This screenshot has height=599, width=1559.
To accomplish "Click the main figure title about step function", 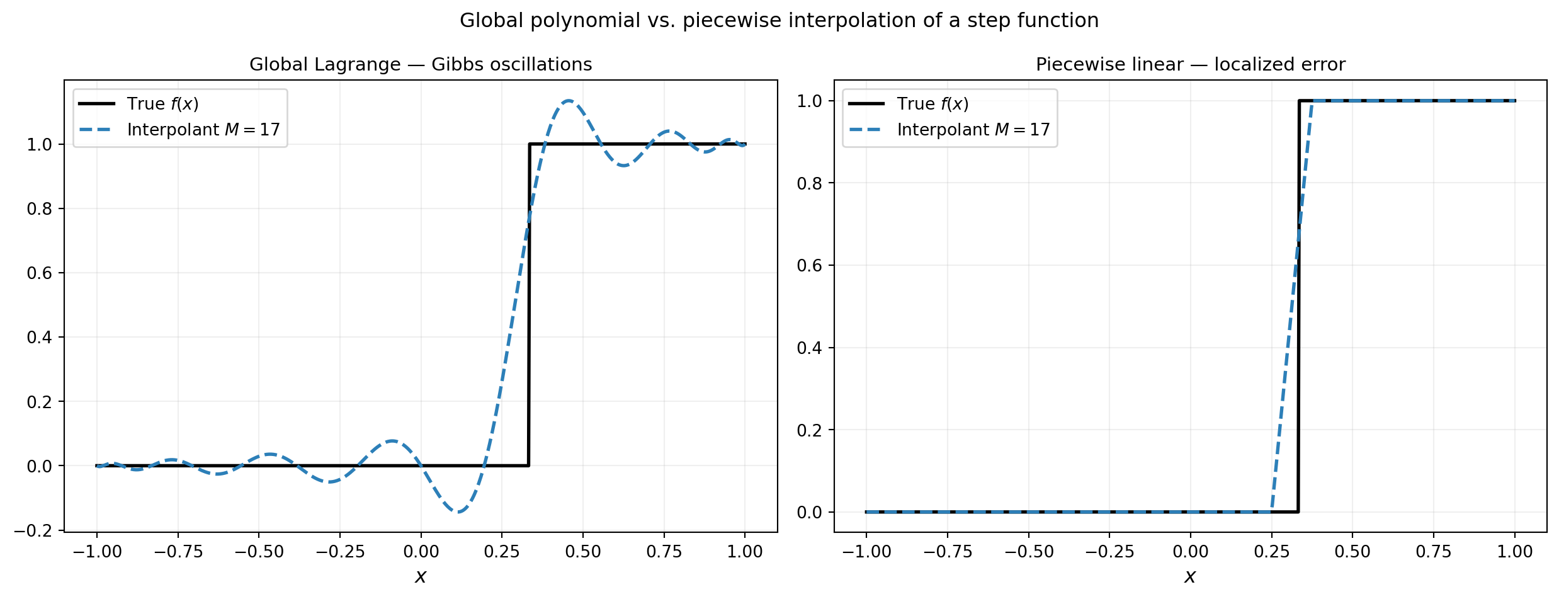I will click(779, 21).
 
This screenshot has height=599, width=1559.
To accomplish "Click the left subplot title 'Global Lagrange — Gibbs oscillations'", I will click(421, 65).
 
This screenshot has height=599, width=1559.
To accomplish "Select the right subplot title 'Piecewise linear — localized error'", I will click(1190, 65).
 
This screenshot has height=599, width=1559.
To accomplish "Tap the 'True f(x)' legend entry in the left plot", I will click(162, 104).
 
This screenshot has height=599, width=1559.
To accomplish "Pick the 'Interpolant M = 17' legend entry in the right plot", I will click(973, 130).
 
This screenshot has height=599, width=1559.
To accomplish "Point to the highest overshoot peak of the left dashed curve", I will click(569, 101).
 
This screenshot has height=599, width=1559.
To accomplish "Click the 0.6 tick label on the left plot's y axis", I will click(39, 273).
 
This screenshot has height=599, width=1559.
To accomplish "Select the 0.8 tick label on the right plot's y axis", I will click(809, 183).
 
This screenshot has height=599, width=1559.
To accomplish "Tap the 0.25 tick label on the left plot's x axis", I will click(502, 552).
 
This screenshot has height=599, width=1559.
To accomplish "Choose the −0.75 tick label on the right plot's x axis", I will click(948, 552).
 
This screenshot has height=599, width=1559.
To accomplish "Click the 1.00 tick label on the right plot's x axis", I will click(1515, 552).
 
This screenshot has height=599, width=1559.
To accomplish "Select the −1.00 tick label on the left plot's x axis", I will click(97, 552).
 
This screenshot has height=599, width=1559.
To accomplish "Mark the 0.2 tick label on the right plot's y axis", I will click(809, 430).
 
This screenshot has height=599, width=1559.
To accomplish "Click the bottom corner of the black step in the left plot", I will click(528, 465).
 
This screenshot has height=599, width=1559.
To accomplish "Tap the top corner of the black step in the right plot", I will click(1299, 101).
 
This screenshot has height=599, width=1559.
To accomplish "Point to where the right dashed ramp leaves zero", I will click(1272, 511).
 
